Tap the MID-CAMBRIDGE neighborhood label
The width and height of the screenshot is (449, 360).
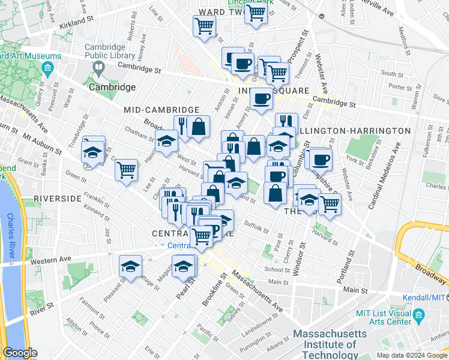tap(161, 110)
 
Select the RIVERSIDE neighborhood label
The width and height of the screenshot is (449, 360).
tap(57, 198)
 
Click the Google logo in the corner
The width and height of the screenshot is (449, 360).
tap(19, 353)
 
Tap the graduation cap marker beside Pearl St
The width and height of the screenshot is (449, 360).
tap(184, 266)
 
